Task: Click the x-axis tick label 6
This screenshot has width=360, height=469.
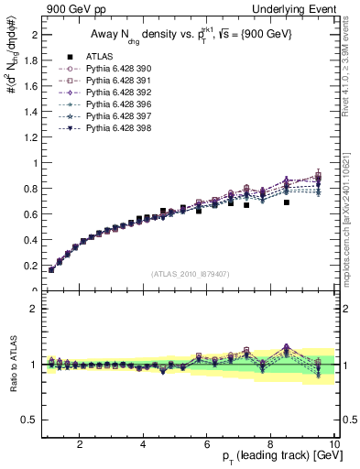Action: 207,445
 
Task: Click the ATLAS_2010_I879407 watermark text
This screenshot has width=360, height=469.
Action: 189,274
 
